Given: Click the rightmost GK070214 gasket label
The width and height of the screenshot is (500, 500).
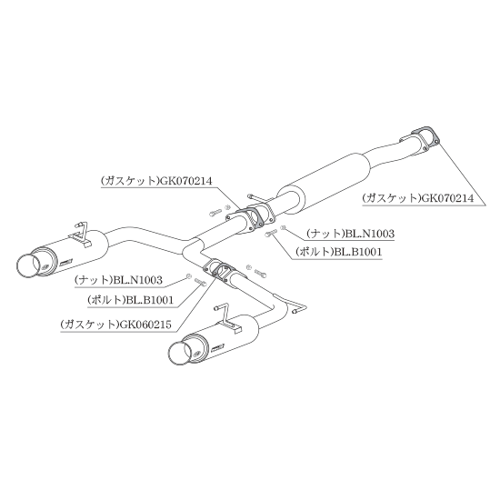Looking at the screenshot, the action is (x=418, y=198).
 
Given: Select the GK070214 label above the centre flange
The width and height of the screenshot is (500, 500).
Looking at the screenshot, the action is (x=156, y=181).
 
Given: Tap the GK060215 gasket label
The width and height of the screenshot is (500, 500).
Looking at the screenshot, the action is (x=116, y=325).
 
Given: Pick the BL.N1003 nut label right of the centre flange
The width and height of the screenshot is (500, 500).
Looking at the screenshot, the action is (x=350, y=234).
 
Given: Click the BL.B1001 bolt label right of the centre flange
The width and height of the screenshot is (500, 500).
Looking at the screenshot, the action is (x=338, y=252).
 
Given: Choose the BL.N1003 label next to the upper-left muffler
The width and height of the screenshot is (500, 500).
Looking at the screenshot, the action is (x=118, y=280).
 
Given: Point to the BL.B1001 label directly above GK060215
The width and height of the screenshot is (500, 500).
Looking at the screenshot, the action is (x=130, y=299).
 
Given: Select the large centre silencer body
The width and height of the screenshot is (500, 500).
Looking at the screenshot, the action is (x=325, y=179).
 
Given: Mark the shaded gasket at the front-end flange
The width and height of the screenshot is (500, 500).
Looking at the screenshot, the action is (x=425, y=138).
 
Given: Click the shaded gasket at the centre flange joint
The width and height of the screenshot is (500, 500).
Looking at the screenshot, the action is (x=252, y=217).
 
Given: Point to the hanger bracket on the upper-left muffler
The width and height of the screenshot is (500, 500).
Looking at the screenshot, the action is (x=81, y=235).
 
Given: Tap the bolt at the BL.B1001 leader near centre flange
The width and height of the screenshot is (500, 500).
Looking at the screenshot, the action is (x=271, y=233).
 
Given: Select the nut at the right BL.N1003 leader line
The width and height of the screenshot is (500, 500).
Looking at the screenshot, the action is (x=283, y=227).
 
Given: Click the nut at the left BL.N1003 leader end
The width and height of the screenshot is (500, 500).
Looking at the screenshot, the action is (x=188, y=276).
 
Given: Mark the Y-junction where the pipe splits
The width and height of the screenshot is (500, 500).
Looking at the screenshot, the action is (x=193, y=250).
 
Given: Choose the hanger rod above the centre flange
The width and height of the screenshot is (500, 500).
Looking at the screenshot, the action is (x=259, y=199).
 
